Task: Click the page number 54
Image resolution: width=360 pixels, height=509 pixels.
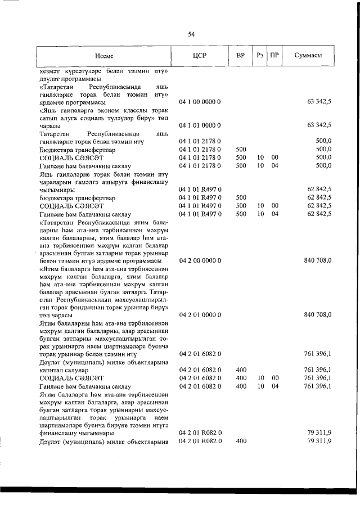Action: coord(191,34)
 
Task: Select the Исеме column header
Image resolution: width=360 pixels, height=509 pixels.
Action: coord(104,56)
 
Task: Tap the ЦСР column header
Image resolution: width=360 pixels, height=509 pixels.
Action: coord(200,56)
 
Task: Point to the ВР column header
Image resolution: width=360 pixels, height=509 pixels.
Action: coord(240,56)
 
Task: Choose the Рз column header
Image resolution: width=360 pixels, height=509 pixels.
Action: coord(259,56)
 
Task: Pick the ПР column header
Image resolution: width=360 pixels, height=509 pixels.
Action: coord(274,56)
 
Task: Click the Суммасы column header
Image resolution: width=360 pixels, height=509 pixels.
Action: coord(308,56)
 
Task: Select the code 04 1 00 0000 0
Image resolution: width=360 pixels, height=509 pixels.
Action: coord(200,101)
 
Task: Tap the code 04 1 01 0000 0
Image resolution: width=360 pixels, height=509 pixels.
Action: coord(200,125)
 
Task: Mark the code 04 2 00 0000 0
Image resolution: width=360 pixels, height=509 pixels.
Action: coord(200,260)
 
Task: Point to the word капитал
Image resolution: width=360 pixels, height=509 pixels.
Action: coord(52,370)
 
